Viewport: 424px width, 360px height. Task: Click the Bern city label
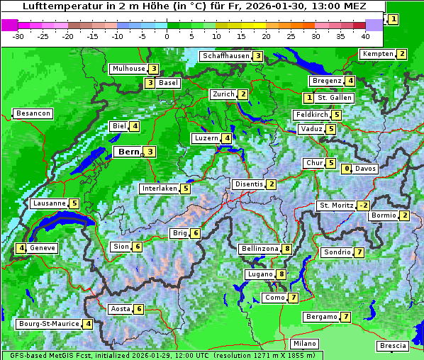click(128, 152)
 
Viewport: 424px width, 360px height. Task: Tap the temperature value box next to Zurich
click(243, 94)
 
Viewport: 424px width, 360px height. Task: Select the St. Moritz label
click(335, 206)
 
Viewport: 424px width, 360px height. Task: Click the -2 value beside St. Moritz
click(363, 206)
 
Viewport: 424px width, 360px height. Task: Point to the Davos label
click(365, 169)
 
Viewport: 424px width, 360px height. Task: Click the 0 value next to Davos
click(347, 169)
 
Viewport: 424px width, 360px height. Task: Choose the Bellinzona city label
click(260, 249)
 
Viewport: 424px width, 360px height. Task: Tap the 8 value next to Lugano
click(281, 274)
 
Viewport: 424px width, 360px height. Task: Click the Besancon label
click(33, 113)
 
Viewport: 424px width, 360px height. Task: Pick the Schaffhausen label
click(225, 56)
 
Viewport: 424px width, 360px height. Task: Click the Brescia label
click(393, 345)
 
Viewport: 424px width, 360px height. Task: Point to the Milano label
click(305, 343)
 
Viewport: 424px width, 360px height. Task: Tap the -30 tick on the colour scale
click(18, 35)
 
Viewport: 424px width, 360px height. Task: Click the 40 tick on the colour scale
click(365, 35)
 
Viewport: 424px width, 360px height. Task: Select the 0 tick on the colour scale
click(167, 35)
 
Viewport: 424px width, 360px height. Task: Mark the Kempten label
click(377, 54)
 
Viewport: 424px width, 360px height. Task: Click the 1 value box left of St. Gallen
click(308, 97)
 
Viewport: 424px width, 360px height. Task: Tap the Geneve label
click(43, 248)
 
